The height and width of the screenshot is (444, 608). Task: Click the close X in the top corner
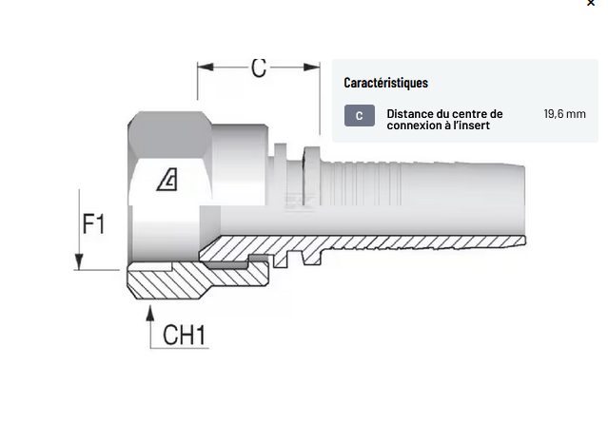tap(591, 4)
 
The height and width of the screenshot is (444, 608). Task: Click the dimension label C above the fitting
tap(259, 68)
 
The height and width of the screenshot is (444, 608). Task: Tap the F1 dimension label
tap(93, 224)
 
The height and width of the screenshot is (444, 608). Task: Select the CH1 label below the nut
tap(185, 335)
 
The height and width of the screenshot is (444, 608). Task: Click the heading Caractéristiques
tap(385, 83)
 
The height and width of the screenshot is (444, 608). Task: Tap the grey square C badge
tap(359, 116)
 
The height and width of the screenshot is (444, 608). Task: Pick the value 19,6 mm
tap(564, 114)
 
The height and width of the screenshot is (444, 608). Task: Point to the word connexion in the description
tap(415, 126)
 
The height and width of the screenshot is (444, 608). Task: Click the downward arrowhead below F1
tap(77, 262)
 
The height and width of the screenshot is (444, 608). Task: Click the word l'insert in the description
tap(473, 126)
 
